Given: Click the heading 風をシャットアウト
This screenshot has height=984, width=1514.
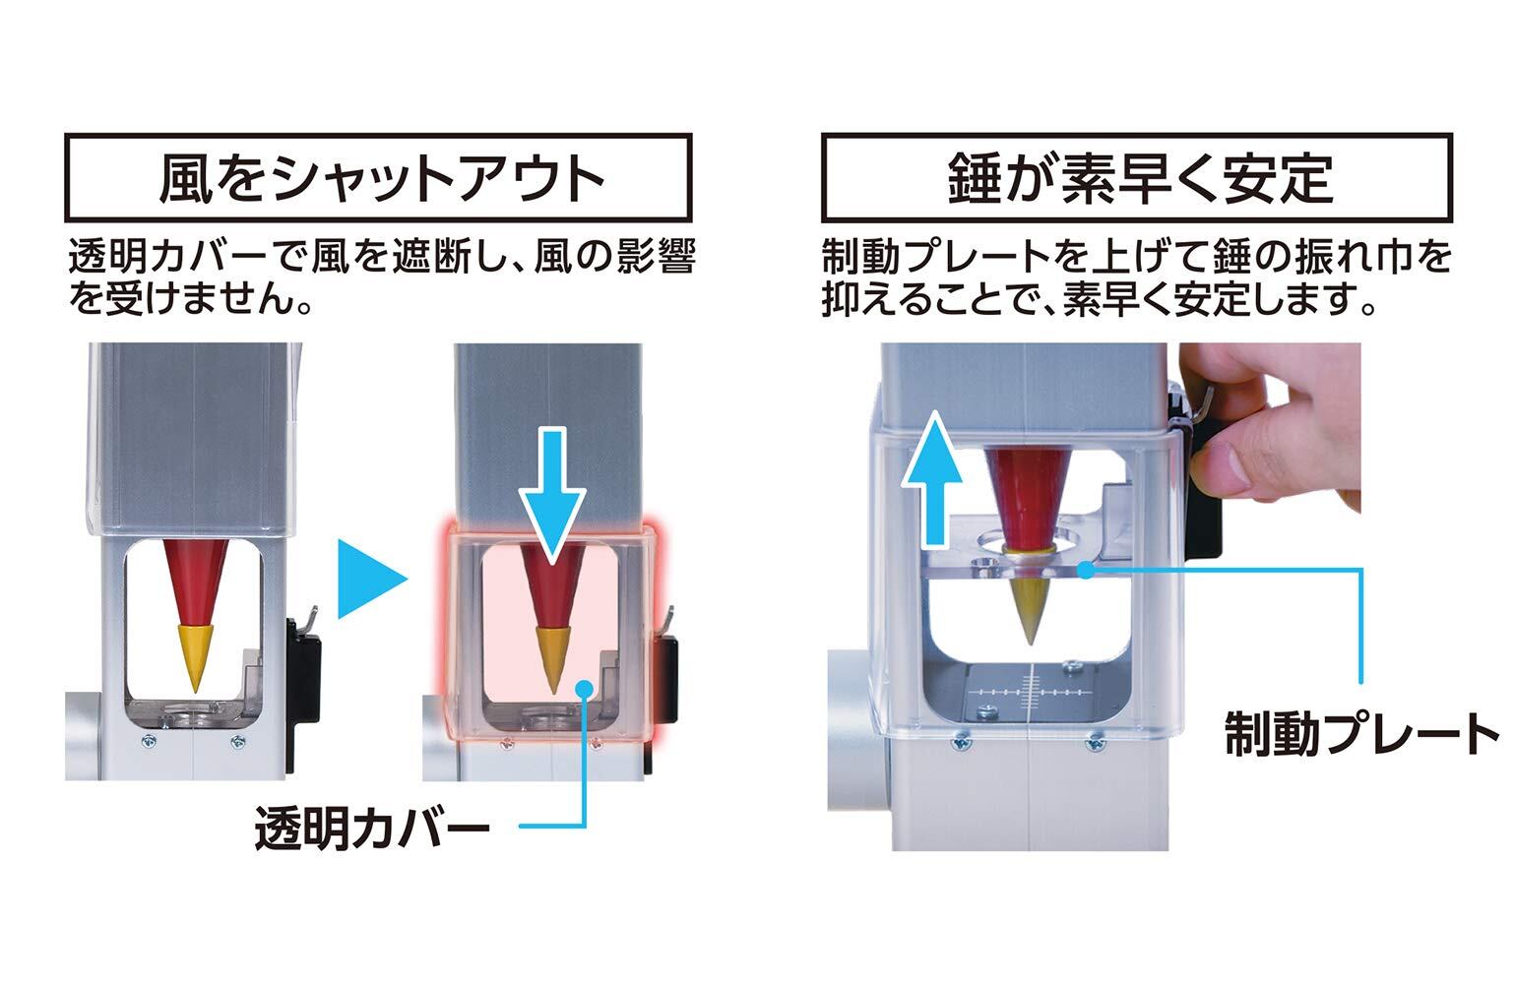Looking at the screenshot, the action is [380, 178].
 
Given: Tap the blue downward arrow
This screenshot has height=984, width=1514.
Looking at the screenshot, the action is [554, 495].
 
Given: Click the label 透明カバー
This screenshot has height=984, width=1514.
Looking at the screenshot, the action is [371, 830].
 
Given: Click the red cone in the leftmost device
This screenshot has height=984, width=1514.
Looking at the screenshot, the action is [194, 581].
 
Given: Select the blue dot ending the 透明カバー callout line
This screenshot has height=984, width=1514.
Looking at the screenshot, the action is [587, 689].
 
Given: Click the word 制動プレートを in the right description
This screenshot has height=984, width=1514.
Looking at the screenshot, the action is [966, 259].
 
